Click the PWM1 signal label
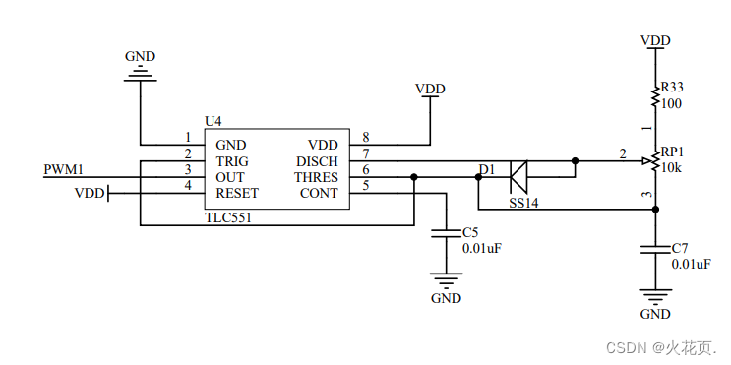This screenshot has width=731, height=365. [x=64, y=170]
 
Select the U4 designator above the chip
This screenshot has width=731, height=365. [x=213, y=121]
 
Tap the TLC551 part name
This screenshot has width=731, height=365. [x=228, y=217]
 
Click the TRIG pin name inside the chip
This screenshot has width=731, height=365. [x=232, y=161]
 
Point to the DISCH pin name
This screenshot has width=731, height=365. [x=317, y=161]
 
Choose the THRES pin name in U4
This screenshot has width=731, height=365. [x=316, y=177]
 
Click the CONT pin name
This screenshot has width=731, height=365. [x=320, y=193]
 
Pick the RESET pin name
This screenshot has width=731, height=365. [x=236, y=193]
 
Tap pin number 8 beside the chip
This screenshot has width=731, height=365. [x=366, y=138]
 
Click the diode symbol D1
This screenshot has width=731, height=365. [x=519, y=177]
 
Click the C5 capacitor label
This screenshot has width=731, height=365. [x=470, y=232]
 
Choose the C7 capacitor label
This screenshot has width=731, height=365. [x=680, y=248]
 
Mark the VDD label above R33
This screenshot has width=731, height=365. [x=655, y=40]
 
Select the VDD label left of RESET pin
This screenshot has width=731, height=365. [x=89, y=194]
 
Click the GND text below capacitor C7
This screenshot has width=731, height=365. [x=655, y=315]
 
